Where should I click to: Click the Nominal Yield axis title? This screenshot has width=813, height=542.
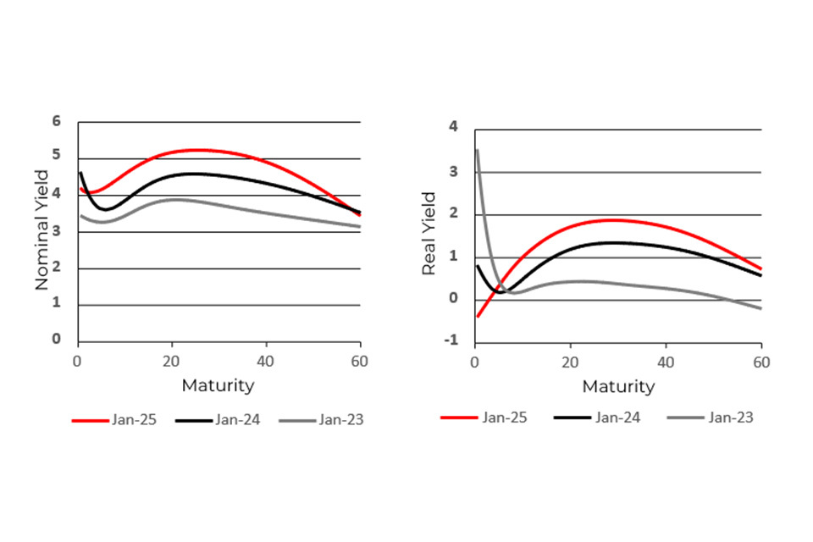pos(42,230)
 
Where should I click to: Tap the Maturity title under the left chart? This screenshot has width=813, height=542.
pos(218,385)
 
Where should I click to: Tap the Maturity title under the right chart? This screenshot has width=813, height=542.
pos(618,386)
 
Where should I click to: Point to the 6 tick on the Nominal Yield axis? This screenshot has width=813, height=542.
pos(57,121)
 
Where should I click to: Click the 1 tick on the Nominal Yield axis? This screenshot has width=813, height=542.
pos(57,304)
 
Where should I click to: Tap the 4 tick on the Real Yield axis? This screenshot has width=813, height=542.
pos(453,127)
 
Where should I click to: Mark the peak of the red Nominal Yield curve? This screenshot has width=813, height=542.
pos(196,150)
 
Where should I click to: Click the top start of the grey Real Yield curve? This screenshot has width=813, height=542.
pos(477,151)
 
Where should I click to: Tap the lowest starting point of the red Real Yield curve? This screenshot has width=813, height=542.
pos(477,317)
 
